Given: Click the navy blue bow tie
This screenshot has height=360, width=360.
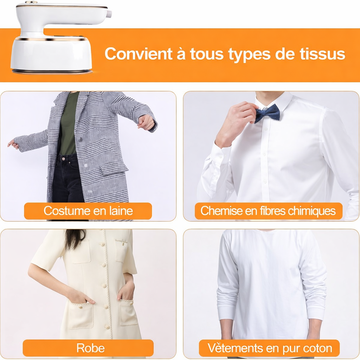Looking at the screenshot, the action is click(267, 114).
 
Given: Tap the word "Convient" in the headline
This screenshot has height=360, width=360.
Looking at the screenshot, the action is click(138, 53).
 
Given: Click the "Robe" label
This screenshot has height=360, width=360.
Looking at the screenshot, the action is click(90, 348).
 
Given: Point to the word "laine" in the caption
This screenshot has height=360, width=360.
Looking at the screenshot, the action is click(121, 211).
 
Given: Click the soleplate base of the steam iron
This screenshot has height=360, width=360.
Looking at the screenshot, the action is click(52, 72).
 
